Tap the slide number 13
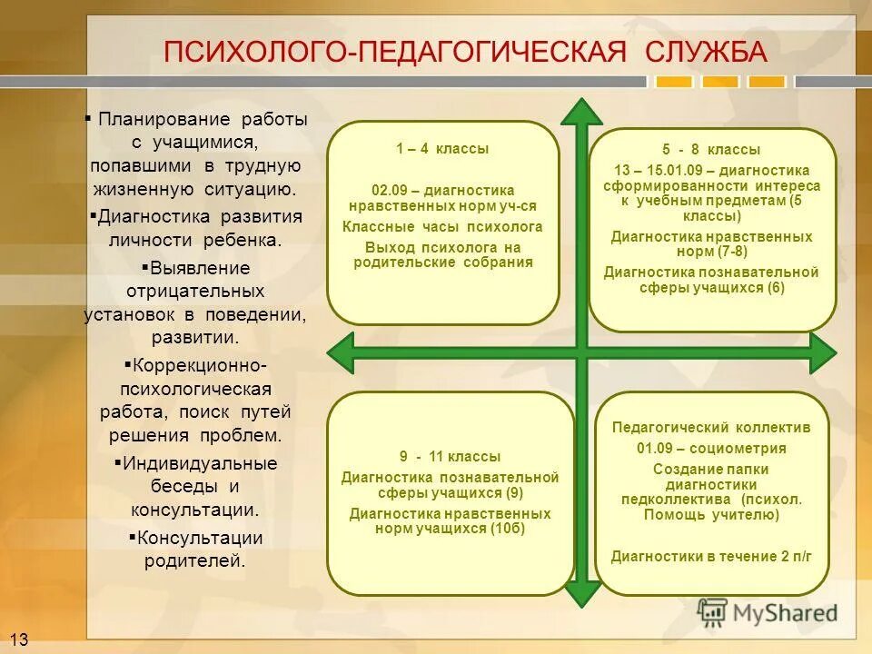(x=19, y=640)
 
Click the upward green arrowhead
(x=581, y=113)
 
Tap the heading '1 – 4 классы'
(x=442, y=148)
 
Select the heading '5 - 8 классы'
(x=711, y=150)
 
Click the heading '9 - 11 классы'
(x=450, y=457)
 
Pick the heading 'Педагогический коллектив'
(x=711, y=427)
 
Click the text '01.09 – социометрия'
(x=711, y=448)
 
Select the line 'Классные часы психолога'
(x=442, y=226)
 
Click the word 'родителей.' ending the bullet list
(x=195, y=560)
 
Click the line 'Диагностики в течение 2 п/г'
(x=711, y=555)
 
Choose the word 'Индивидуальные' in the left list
(x=200, y=463)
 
